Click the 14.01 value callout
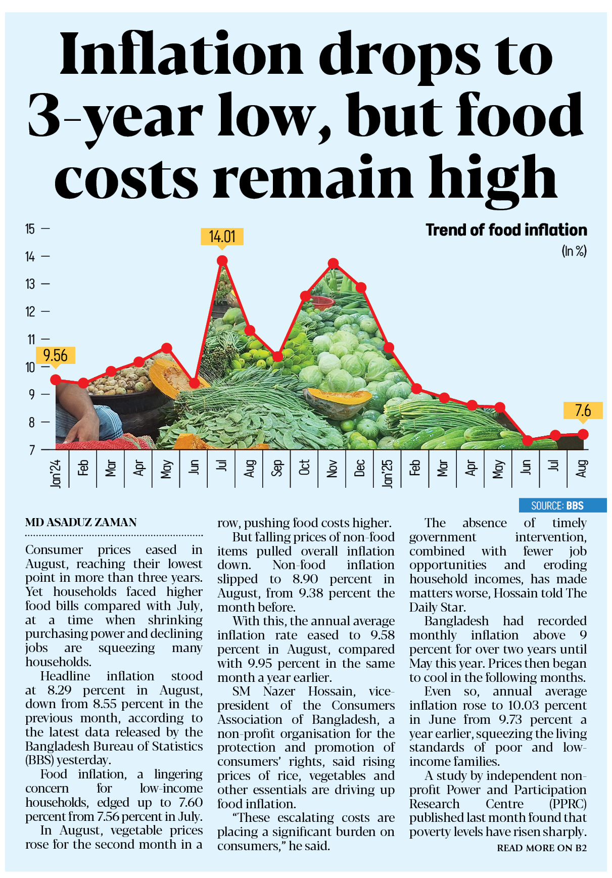222,237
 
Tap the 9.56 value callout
55,355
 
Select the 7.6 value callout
583,410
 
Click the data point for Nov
333,263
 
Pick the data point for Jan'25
388,347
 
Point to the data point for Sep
277,356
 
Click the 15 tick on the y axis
30,229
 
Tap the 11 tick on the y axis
30,339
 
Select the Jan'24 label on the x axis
56,473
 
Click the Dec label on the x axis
360,468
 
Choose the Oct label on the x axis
304,468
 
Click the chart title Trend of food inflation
506,230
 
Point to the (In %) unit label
574,251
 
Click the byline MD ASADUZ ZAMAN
81,523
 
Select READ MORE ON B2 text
542,848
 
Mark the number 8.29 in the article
59,690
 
